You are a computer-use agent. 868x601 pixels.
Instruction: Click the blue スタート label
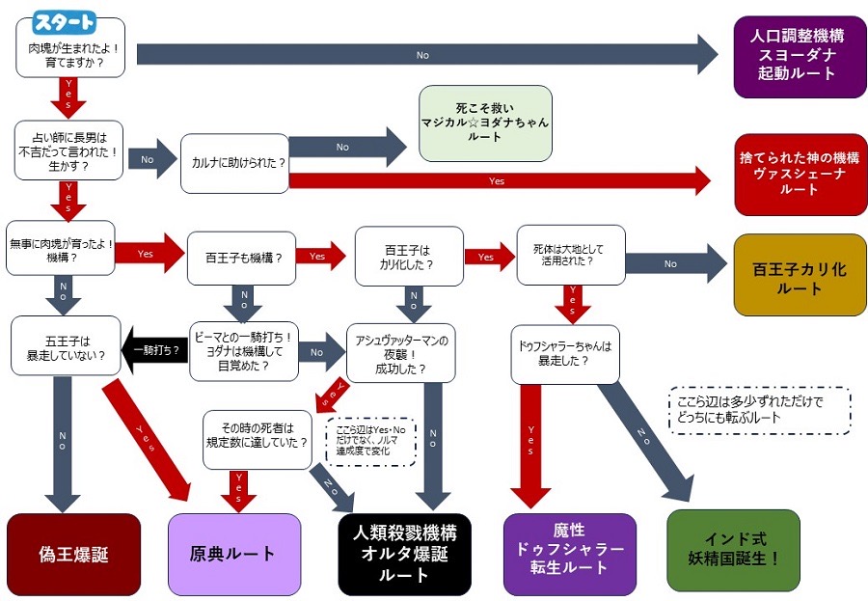click(x=65, y=21)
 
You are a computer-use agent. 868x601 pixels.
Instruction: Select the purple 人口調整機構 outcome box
click(x=800, y=57)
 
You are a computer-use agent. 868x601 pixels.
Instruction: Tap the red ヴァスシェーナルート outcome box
click(x=800, y=175)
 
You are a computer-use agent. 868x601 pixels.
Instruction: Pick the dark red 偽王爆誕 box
click(x=73, y=554)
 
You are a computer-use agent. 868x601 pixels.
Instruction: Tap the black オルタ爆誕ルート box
click(x=404, y=554)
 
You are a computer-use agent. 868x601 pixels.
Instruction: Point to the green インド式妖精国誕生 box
click(x=733, y=550)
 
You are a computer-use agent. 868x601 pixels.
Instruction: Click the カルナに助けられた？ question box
click(x=234, y=163)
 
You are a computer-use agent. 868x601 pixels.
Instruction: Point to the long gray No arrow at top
click(x=424, y=54)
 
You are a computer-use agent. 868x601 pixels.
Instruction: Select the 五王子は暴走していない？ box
click(x=66, y=347)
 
